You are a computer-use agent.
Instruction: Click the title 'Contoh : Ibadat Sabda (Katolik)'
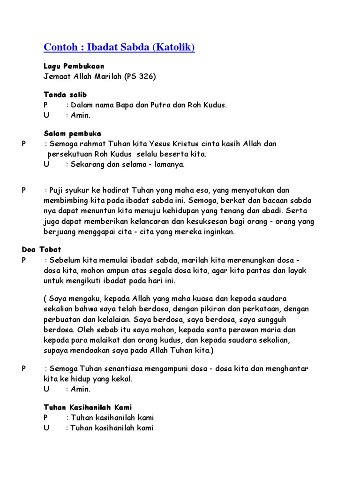click(119, 47)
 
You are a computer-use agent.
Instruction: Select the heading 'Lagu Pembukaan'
click(74, 66)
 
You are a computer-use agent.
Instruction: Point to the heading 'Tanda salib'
click(65, 95)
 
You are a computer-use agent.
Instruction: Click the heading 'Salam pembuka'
click(73, 134)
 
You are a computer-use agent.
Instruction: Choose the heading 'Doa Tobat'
click(41, 250)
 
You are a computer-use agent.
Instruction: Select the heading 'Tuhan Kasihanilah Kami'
click(91, 407)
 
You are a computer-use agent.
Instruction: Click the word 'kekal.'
click(122, 379)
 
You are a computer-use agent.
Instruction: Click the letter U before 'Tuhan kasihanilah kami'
click(46, 427)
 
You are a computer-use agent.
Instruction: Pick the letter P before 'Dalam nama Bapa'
click(46, 105)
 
